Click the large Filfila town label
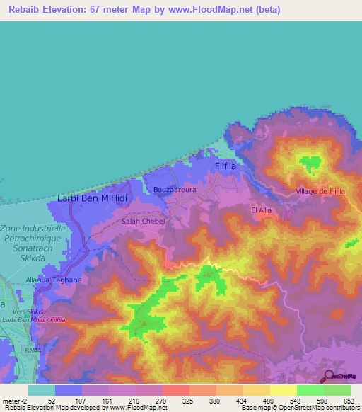point(229,166)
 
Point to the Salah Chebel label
point(144,222)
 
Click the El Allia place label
point(261,210)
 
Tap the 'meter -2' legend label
point(13,400)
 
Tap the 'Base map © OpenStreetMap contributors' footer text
point(298,408)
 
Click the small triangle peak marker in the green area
point(144,324)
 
